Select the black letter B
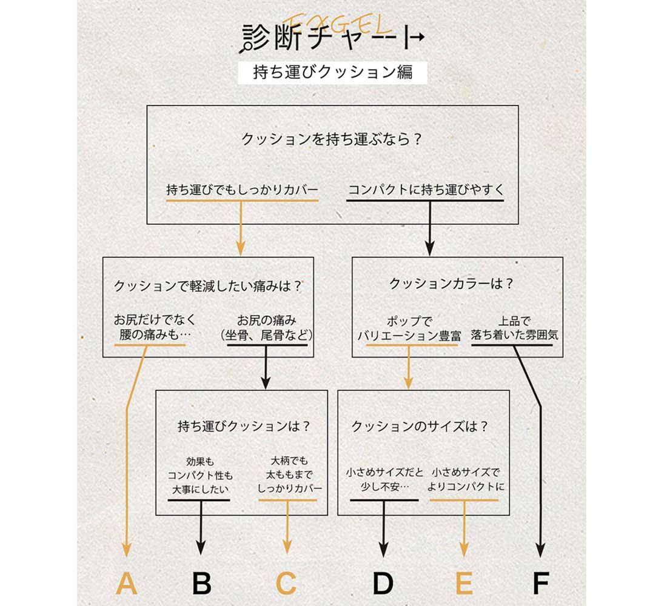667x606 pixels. pos(202,583)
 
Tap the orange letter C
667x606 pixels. pos(286,583)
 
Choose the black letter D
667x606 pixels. pos(383,583)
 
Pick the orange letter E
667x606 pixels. pos(464,583)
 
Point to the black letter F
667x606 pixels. pos(541,583)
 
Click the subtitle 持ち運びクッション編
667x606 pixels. pos(333,72)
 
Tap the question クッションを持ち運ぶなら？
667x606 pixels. pos(332,139)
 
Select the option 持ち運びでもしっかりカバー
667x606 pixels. pos(242,189)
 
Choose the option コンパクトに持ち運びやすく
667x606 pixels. pos(426,189)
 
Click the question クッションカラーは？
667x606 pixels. pos(452,284)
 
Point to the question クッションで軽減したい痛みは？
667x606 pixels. pos(209,286)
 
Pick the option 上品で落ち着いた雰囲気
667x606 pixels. pos(514,328)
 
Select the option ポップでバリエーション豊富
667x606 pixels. pos(409,328)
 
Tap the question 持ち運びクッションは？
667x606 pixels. pos(244,425)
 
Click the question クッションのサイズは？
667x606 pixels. pos(420,425)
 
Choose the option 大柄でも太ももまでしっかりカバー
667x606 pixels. pos(289,474)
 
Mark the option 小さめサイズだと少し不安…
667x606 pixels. pos(384,479)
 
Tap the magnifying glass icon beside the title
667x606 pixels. pos(246,47)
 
